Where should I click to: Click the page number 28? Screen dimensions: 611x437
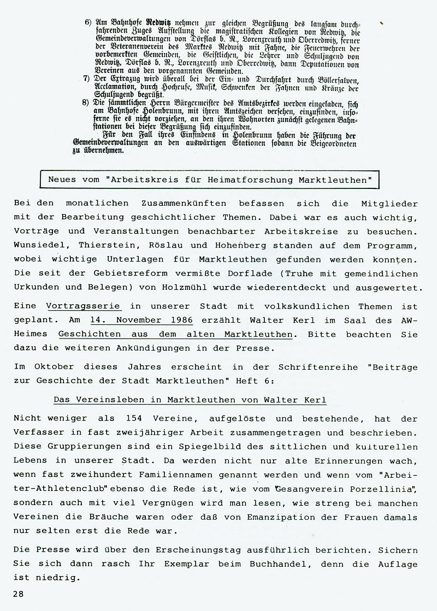click(20, 594)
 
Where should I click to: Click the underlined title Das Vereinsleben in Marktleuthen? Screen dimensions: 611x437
click(190, 400)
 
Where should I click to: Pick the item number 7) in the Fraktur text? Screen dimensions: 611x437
click(87, 79)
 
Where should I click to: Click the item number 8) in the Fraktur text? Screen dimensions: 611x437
click(87, 102)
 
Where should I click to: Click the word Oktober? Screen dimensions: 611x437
click(52, 369)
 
